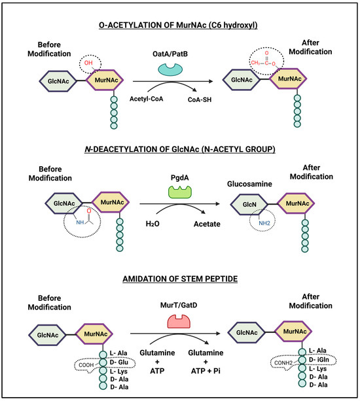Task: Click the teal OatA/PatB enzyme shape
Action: click(x=170, y=69)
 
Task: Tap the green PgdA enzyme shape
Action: click(x=180, y=192)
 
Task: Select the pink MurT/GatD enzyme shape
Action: click(x=179, y=322)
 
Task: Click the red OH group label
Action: click(x=88, y=63)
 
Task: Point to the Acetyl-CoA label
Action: click(x=147, y=99)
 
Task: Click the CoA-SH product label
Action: click(x=200, y=99)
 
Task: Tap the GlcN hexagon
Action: click(x=249, y=204)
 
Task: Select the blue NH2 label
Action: click(x=264, y=223)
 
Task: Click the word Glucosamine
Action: click(x=249, y=184)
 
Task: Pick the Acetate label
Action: click(x=207, y=224)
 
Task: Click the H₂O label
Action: click(x=153, y=224)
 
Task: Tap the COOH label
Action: click(x=86, y=365)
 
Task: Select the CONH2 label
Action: click(x=283, y=363)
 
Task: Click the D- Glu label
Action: click(x=119, y=362)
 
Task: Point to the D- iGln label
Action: click(x=319, y=360)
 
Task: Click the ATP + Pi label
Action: click(x=206, y=371)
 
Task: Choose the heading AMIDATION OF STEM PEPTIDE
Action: click(x=180, y=279)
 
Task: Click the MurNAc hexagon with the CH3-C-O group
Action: click(x=288, y=78)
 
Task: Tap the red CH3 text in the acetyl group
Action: click(x=255, y=63)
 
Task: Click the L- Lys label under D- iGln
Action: click(x=318, y=369)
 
